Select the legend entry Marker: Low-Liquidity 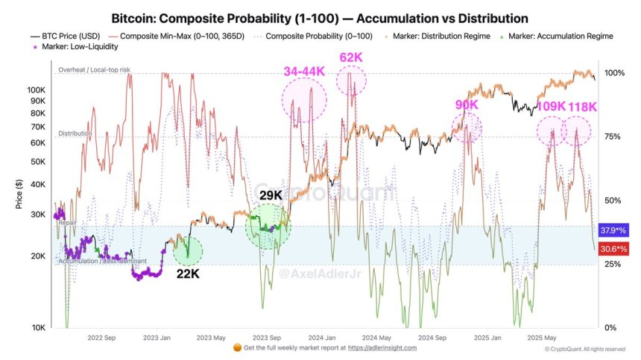coord(75,46)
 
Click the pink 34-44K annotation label coord(305,72)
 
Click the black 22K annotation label coord(187,274)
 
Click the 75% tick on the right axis coord(612,137)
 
